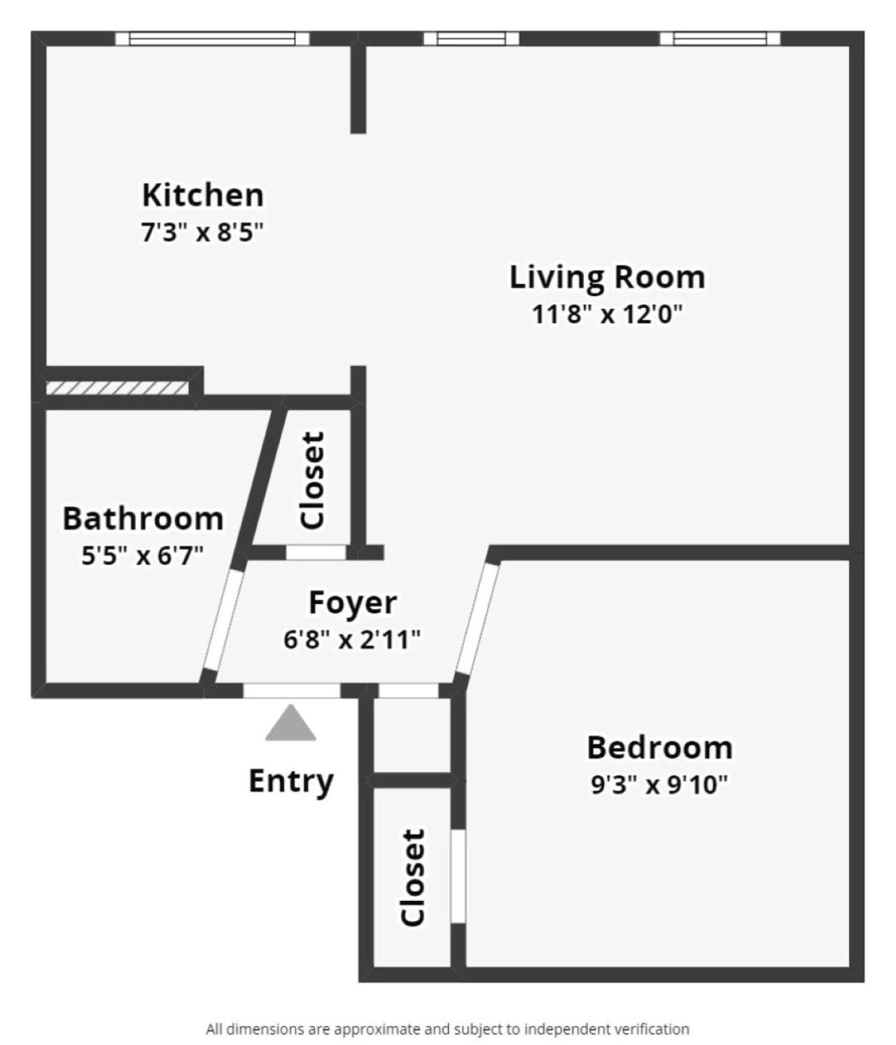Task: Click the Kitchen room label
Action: pyautogui.click(x=202, y=195)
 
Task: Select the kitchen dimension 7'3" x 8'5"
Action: pyautogui.click(x=202, y=231)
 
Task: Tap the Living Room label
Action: pyautogui.click(x=606, y=277)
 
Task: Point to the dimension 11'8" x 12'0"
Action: pyautogui.click(x=606, y=314)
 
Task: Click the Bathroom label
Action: pyautogui.click(x=143, y=519)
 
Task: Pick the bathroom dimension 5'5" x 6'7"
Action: pyautogui.click(x=143, y=556)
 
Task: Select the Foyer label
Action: pyautogui.click(x=352, y=602)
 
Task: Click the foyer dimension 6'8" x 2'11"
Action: pyautogui.click(x=352, y=639)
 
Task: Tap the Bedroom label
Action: pyautogui.click(x=659, y=748)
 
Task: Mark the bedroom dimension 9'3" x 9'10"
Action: pyautogui.click(x=659, y=785)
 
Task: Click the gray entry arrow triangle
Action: pyautogui.click(x=290, y=724)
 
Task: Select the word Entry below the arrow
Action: pyautogui.click(x=290, y=780)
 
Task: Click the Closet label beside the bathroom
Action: pyautogui.click(x=312, y=480)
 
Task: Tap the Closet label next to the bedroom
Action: pyautogui.click(x=413, y=878)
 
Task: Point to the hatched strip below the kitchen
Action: pyautogui.click(x=117, y=388)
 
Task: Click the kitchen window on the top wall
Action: pyautogui.click(x=211, y=38)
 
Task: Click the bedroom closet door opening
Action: pyautogui.click(x=458, y=876)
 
